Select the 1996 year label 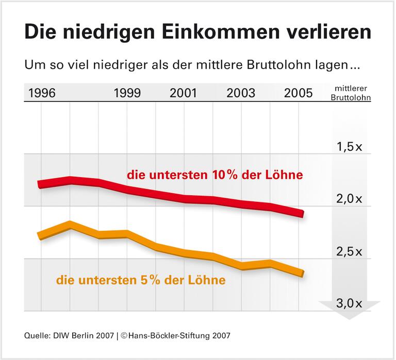(42, 93)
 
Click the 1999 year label (127, 93)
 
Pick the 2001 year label (183, 93)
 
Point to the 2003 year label (241, 93)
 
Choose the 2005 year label (298, 93)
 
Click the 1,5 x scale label (349, 147)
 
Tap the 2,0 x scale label (349, 199)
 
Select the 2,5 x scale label (349, 252)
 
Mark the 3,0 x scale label (349, 303)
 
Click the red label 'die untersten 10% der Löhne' (214, 175)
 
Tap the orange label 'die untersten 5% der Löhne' (141, 281)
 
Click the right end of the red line (302, 213)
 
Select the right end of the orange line (302, 273)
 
